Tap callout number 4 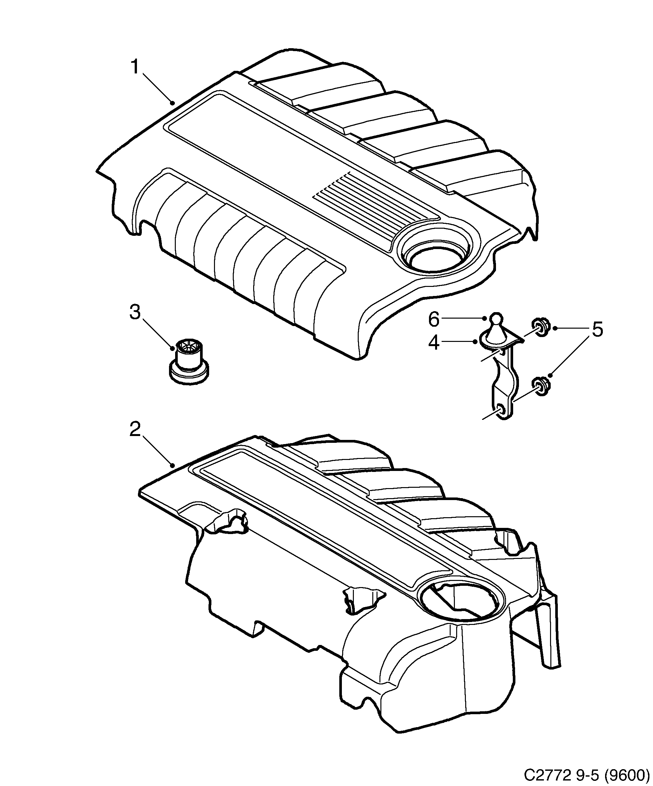tap(433, 343)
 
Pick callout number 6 tap(433, 319)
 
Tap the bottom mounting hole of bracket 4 tap(501, 409)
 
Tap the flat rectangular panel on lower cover tap(322, 517)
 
